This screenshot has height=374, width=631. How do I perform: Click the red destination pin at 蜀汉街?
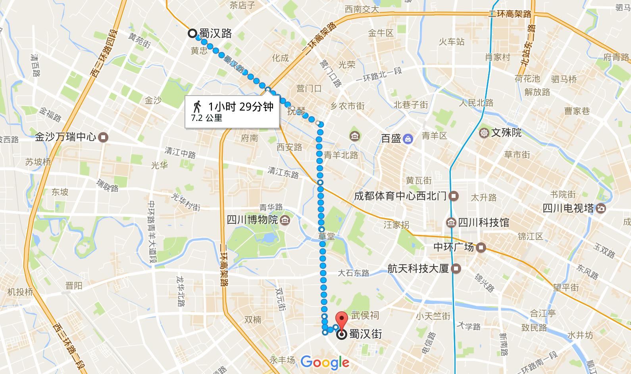point(342,319)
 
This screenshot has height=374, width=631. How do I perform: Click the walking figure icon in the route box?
point(196,106)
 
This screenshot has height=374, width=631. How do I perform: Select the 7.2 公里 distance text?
point(206,118)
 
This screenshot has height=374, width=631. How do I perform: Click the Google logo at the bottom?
point(325,362)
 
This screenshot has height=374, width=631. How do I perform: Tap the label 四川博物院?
point(252,219)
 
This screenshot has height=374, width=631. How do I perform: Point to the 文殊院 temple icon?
point(484,132)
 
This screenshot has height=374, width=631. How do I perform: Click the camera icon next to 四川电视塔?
point(601,208)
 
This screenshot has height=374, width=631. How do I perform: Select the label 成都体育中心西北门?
point(400,196)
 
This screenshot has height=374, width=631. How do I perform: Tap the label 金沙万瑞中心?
point(65,137)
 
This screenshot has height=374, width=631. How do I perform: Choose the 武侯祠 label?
point(365,315)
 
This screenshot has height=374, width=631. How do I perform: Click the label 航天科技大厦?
point(418,269)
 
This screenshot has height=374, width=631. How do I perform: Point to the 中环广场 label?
point(454,247)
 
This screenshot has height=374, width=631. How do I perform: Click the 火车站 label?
point(451,41)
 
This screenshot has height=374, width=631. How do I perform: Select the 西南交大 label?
point(362,9)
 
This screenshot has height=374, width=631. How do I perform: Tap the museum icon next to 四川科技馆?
point(451,222)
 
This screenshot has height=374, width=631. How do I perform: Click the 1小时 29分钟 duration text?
point(241,106)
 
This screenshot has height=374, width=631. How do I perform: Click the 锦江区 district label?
point(530,236)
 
